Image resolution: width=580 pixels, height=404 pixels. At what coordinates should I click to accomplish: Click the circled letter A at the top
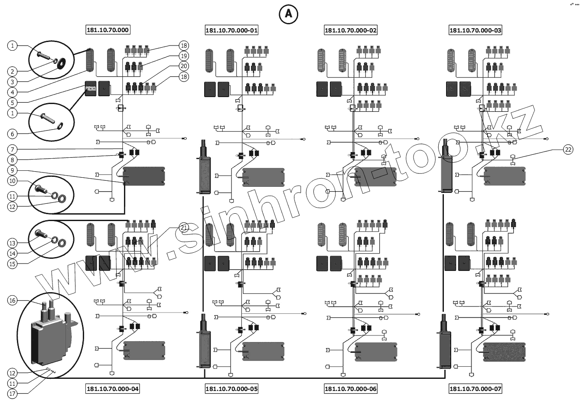(x=288, y=14)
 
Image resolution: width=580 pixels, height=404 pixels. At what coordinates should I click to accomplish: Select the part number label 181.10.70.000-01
(x=231, y=30)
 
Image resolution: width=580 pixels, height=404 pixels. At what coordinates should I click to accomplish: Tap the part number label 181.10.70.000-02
(x=351, y=30)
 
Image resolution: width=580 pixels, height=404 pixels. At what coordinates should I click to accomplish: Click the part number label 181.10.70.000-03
(x=476, y=30)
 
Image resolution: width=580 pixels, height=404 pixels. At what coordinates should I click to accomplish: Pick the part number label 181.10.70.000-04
(x=113, y=389)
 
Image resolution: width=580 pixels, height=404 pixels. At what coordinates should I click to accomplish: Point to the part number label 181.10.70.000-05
(x=231, y=389)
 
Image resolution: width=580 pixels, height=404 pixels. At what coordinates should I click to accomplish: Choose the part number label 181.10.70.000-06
(x=351, y=389)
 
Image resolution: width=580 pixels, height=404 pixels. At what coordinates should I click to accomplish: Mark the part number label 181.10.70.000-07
(x=476, y=389)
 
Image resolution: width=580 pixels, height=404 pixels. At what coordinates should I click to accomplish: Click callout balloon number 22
(x=568, y=150)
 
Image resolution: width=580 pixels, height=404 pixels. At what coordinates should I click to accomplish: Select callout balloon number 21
(x=184, y=227)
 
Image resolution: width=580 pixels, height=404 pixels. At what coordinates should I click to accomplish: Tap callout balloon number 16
(x=13, y=300)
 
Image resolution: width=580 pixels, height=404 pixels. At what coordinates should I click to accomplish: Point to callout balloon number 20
(x=184, y=66)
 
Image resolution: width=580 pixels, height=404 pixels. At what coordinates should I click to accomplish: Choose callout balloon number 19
(x=184, y=56)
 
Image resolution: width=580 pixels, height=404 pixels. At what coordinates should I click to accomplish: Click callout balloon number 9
(x=13, y=170)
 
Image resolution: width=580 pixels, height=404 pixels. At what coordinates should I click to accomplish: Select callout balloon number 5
(x=13, y=102)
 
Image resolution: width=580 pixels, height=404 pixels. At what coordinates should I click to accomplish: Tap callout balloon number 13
(x=13, y=243)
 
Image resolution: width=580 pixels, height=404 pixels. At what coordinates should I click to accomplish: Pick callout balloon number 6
(x=13, y=134)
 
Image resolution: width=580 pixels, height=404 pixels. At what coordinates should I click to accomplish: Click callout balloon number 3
(x=13, y=81)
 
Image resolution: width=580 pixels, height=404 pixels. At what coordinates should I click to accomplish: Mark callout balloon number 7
(x=13, y=149)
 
